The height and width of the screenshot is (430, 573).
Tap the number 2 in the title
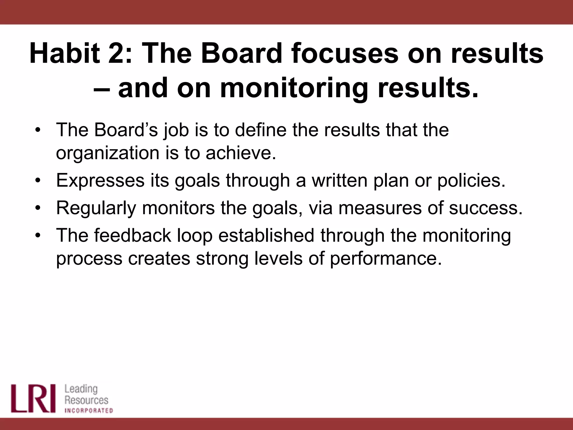coord(116,53)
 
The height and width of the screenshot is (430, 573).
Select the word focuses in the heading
coord(344,53)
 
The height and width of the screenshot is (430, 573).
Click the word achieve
coord(241,153)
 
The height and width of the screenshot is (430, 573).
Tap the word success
coord(486,208)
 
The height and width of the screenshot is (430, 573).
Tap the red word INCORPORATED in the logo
coord(89,411)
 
